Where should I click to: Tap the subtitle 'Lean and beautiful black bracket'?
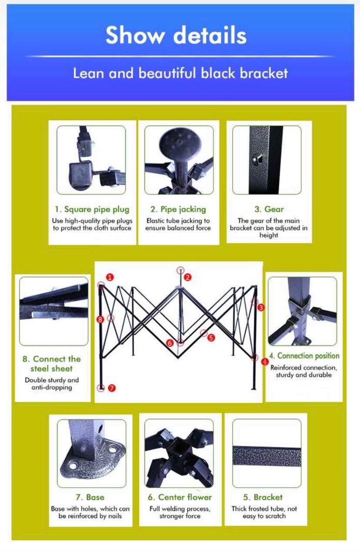tap(180, 73)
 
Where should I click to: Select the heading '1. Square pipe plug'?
tap(92, 209)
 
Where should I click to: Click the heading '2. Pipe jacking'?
tap(178, 209)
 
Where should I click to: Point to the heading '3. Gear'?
tap(269, 209)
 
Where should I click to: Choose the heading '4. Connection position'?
tap(304, 356)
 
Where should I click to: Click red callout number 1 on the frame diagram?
tap(110, 277)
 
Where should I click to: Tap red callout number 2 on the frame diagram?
tap(188, 277)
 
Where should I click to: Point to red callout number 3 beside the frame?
tap(261, 307)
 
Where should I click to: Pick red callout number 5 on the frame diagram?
tap(211, 338)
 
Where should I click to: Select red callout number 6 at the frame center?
tap(170, 343)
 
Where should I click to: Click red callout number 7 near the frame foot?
tap(112, 388)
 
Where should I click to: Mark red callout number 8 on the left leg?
tap(100, 320)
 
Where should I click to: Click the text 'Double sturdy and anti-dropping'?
tap(52, 384)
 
